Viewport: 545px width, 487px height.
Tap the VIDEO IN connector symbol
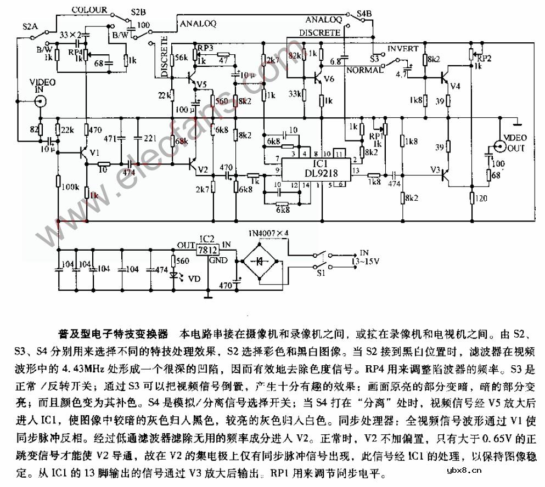tap(40, 101)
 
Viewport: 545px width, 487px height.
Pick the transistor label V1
tap(94, 153)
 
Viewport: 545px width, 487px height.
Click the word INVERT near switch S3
tap(403, 49)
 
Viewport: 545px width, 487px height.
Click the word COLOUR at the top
tap(90, 10)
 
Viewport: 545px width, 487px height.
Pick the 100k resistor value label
tap(70, 188)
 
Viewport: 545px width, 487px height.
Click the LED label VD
tap(194, 279)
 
